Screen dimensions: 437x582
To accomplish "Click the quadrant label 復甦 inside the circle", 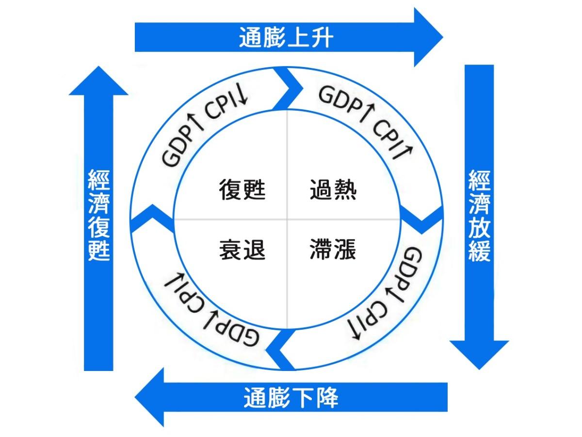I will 242,189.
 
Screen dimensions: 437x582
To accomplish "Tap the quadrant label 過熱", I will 333,189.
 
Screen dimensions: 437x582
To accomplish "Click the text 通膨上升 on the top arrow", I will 286,37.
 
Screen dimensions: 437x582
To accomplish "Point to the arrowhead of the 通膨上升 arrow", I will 427,37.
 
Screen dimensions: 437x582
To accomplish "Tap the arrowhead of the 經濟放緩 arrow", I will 479,352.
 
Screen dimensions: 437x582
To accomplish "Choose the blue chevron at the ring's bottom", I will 281,350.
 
